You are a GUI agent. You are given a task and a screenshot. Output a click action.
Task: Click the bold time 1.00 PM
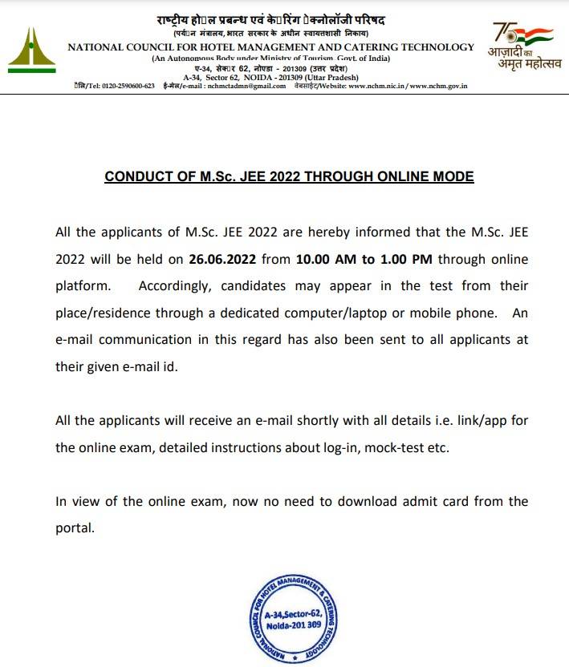[406, 261]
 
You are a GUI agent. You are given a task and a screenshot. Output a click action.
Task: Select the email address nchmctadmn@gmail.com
[245, 86]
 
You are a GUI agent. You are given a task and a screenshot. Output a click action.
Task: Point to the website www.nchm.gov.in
[440, 86]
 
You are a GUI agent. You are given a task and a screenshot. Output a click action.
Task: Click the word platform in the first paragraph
[82, 286]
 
